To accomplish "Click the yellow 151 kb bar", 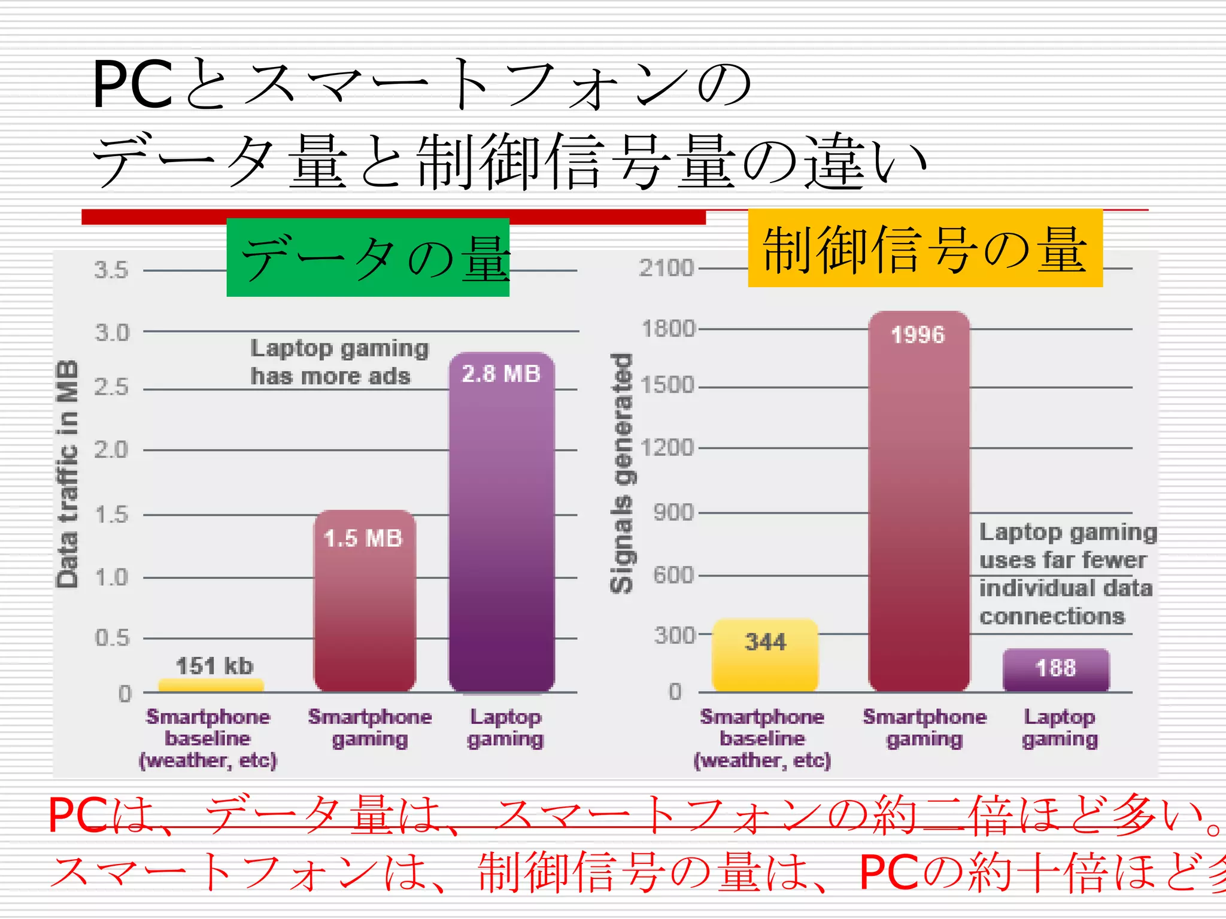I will coord(211,686).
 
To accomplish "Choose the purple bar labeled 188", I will coord(1056,670).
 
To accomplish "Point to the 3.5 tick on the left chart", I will coord(111,270).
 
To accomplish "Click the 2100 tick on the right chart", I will coord(666,268).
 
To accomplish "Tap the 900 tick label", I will coord(673,513).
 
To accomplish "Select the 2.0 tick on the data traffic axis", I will coord(111,449).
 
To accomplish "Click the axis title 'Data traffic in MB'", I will coord(67,474).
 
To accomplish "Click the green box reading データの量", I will coord(368,257).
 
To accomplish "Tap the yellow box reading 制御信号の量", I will coord(925,248).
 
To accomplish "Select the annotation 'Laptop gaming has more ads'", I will coord(339,362).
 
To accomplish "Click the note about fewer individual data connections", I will coord(1067,574).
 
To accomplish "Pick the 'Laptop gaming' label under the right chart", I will coord(1060,728).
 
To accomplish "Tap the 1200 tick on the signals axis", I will coord(667,448).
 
